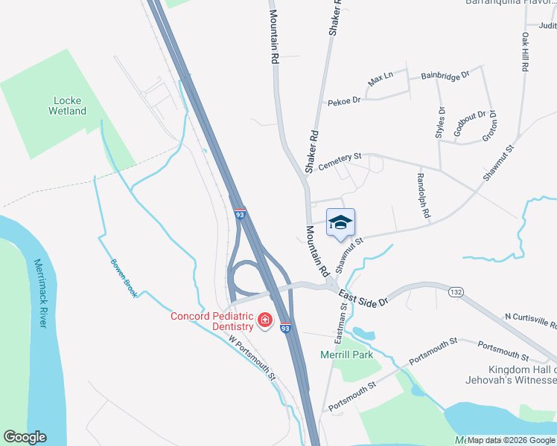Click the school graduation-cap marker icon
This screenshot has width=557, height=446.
340,222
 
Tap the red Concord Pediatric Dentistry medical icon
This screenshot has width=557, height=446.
264,321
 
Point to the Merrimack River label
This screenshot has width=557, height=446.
40,293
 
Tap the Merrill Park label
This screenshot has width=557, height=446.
346,355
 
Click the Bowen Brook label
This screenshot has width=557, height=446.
124,278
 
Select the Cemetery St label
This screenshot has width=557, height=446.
340,161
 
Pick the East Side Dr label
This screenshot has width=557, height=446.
364,297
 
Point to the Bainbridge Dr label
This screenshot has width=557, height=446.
445,75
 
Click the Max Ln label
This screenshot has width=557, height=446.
380,77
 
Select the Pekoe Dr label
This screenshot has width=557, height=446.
344,100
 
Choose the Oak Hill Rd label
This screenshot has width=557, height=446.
525,51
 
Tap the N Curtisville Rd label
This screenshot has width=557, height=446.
530,320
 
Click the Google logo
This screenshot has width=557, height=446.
25,437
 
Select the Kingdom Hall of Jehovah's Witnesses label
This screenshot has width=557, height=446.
522,375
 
